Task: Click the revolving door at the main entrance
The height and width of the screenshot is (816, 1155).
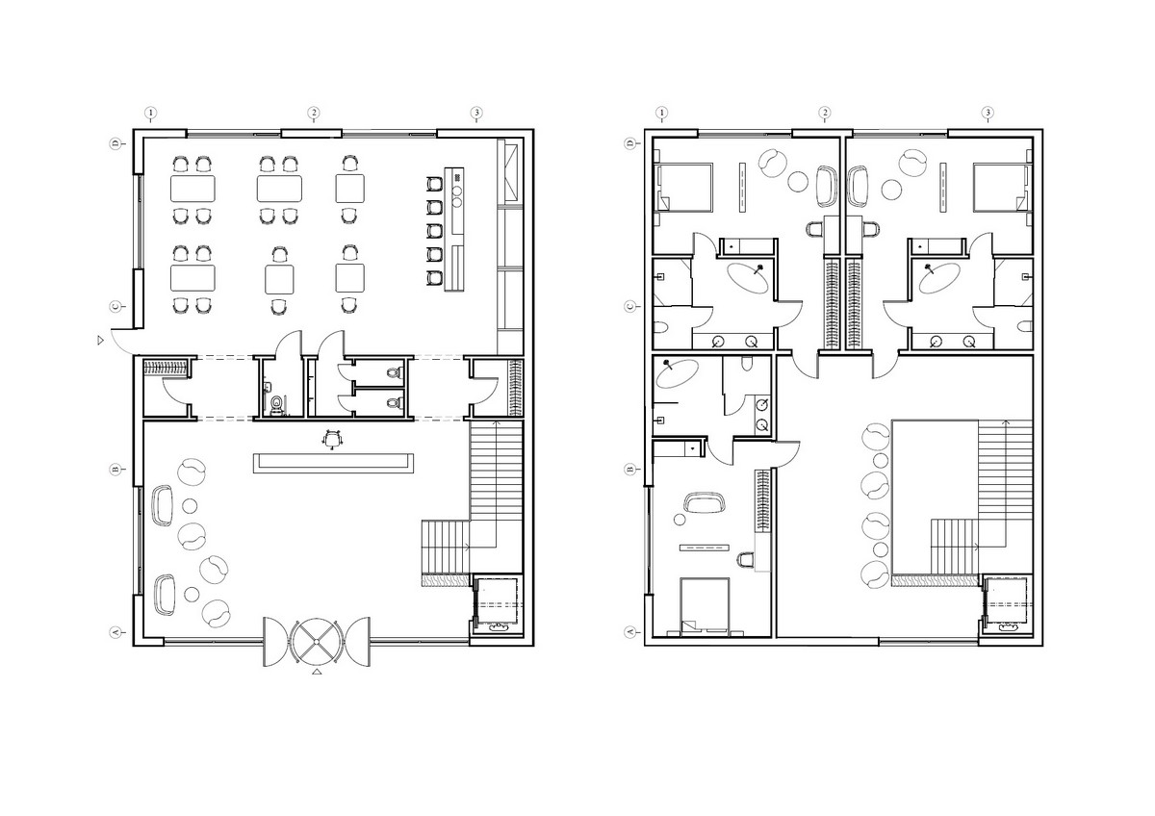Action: click(x=317, y=642)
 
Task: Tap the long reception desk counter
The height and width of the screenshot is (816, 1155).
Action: click(x=333, y=463)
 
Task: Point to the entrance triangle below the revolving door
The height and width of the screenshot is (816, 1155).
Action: click(x=318, y=672)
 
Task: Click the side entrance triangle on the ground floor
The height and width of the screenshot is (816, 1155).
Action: click(x=100, y=341)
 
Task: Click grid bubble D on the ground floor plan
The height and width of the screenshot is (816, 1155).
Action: click(x=115, y=143)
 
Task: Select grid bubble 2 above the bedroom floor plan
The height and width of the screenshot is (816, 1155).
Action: click(x=825, y=113)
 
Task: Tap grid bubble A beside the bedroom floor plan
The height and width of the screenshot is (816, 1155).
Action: click(x=629, y=632)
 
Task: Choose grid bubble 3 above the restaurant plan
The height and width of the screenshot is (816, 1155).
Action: click(x=476, y=113)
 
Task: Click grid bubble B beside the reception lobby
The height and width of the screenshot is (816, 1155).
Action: click(x=115, y=469)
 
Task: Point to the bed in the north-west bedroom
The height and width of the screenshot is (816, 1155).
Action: click(x=683, y=188)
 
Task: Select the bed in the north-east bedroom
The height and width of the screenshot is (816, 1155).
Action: click(x=1003, y=188)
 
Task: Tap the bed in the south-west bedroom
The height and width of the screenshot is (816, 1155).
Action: click(x=705, y=605)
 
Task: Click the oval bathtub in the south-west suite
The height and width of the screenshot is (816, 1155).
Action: click(x=677, y=373)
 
